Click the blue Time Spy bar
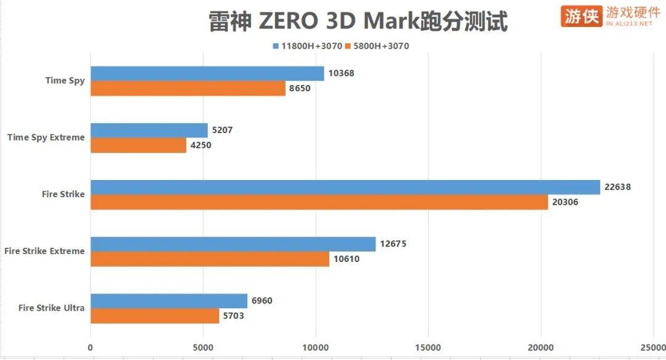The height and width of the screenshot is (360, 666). tap(207, 73)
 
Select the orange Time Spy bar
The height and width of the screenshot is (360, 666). tap(188, 88)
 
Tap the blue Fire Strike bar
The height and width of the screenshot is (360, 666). tap(345, 187)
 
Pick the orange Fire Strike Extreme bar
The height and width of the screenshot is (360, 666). tap(210, 259)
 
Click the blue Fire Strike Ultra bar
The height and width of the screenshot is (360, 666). tap(169, 301)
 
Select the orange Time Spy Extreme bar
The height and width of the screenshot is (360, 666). tap(138, 145)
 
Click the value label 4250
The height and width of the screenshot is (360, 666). tap(203, 145)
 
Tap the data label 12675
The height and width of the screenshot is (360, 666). tap(393, 244)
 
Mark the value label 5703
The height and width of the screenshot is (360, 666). tap(236, 316)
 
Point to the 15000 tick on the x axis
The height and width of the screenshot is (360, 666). tap(428, 348)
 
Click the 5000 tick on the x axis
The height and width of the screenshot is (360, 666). tap(203, 348)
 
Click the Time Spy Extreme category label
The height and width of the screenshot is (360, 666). tap(46, 137)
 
